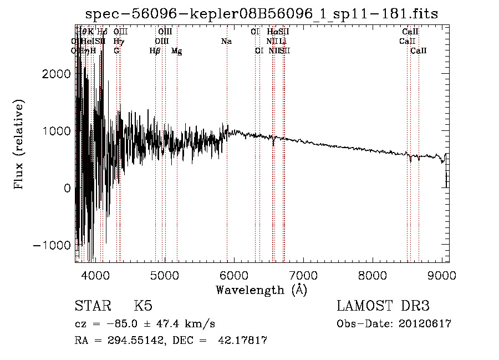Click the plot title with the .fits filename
262,14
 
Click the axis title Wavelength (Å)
261,290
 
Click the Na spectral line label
226,41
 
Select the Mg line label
176,50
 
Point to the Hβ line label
155,50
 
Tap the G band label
116,50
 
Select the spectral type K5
143,307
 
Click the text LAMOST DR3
383,307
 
